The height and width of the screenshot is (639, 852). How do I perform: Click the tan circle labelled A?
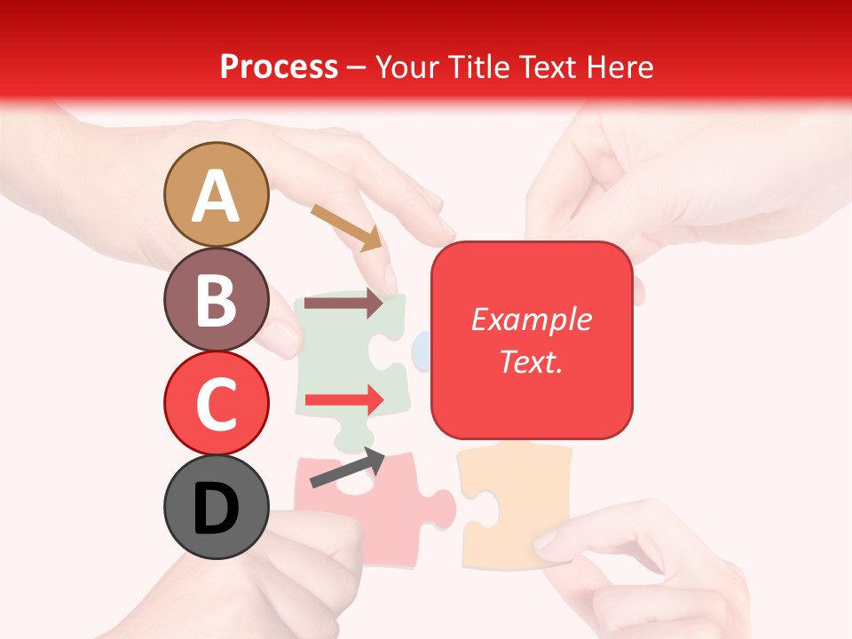coord(216,194)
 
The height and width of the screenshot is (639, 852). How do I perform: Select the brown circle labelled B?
coord(216,299)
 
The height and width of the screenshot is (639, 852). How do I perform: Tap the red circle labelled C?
coord(216,403)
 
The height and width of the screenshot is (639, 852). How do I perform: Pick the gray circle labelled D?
coord(216,508)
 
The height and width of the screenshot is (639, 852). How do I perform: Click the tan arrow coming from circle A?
coord(346,227)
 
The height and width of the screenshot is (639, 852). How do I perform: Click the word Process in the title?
coord(279,67)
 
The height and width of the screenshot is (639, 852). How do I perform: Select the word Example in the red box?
coord(531,319)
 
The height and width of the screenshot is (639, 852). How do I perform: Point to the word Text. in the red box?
coord(531,361)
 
